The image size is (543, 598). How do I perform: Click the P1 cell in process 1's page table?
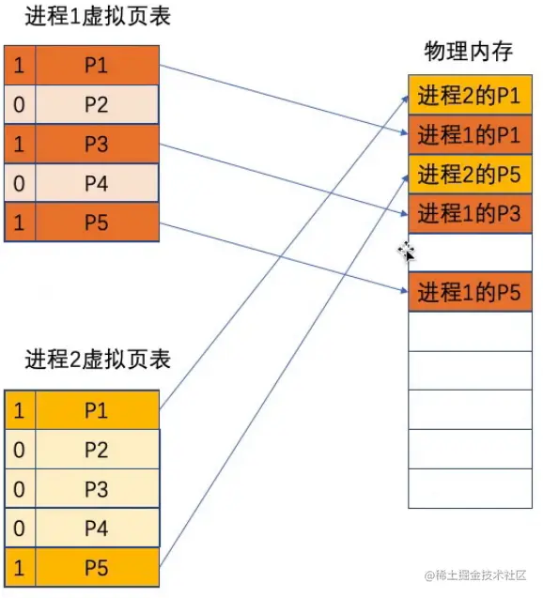click(x=96, y=65)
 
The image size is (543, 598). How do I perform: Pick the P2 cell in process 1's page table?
click(x=96, y=104)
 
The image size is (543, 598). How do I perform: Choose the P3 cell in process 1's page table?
click(x=96, y=145)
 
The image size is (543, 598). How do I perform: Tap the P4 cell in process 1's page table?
click(x=96, y=184)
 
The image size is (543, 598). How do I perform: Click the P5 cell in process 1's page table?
click(x=96, y=223)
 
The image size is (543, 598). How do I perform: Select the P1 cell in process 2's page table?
click(x=96, y=410)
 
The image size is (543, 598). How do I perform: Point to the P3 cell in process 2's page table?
click(x=96, y=489)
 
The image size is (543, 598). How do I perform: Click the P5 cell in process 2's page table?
click(x=96, y=568)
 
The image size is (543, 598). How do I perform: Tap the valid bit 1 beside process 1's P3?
click(x=18, y=145)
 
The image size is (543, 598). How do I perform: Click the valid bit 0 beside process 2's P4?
click(x=18, y=529)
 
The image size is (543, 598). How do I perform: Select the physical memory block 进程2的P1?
click(x=470, y=95)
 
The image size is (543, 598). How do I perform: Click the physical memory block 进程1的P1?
click(x=470, y=134)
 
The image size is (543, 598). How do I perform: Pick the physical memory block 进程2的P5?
click(x=470, y=174)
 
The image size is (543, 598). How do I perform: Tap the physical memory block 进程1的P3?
click(x=470, y=213)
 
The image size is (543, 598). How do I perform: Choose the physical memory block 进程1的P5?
click(x=470, y=292)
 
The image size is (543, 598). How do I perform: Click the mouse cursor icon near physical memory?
click(x=407, y=252)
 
